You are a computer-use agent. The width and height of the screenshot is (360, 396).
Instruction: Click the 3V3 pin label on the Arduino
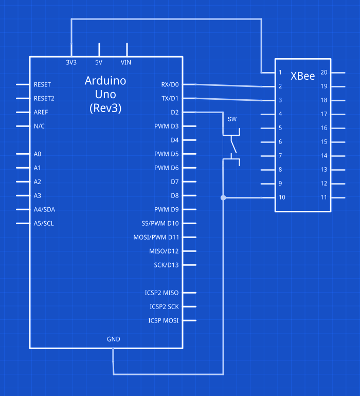(71, 62)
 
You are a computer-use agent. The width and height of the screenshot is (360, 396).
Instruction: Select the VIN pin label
(126, 62)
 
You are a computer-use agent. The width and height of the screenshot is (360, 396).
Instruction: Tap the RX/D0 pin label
(170, 84)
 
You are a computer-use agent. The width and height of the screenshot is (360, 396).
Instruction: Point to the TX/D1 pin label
(170, 98)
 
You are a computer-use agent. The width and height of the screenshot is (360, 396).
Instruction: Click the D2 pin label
(174, 112)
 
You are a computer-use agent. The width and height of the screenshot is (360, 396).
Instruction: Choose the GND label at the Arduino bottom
(113, 339)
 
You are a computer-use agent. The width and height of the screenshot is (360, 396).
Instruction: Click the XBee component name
(302, 76)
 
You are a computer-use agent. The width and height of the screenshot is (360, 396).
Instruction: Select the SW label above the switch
(232, 119)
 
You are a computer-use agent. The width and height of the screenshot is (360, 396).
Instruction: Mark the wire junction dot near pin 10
(223, 197)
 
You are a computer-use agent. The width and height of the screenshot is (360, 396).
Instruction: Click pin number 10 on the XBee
(282, 197)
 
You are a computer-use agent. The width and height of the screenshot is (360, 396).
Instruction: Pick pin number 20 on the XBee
(324, 73)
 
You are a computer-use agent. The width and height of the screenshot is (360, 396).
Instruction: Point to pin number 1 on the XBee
(280, 73)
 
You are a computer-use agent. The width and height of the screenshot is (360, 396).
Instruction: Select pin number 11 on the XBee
(324, 197)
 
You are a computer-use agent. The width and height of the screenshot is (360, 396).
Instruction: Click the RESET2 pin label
(44, 98)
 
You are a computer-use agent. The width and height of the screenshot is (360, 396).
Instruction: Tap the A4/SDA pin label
(44, 209)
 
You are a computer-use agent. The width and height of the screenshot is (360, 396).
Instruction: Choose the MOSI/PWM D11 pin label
(156, 237)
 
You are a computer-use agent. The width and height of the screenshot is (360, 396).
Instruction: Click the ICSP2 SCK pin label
(164, 307)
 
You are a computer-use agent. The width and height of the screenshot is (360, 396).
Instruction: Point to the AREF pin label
(41, 112)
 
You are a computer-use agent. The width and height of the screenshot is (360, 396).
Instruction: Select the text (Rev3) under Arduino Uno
(105, 108)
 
